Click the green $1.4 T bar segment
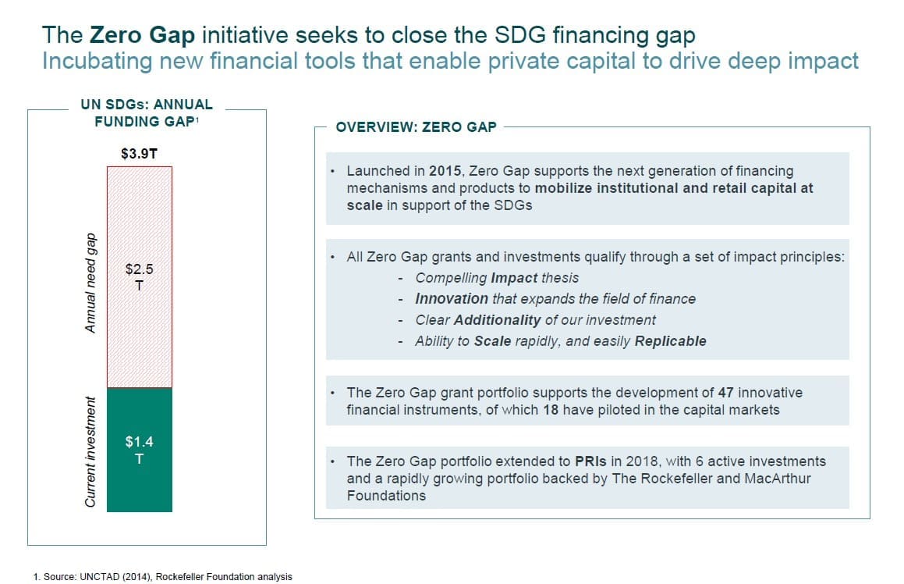pos(140,450)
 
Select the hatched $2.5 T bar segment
pos(140,277)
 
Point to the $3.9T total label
pos(139,154)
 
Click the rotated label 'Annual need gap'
pos(90,283)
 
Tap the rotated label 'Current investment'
pos(90,452)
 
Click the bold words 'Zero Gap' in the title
pos(143,34)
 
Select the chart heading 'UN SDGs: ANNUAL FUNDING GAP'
pos(147,113)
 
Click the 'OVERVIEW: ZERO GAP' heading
pos(416,127)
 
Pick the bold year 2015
pos(445,171)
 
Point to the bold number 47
pos(726,393)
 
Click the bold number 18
pos(551,410)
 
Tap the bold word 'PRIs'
pos(590,461)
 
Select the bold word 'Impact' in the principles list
pos(514,278)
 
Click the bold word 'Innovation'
pos(452,299)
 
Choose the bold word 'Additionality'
pos(497,319)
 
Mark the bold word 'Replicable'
pos(671,341)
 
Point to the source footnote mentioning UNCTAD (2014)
pos(162,576)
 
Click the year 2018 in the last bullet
pos(643,461)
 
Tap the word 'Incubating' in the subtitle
pos(97,61)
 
